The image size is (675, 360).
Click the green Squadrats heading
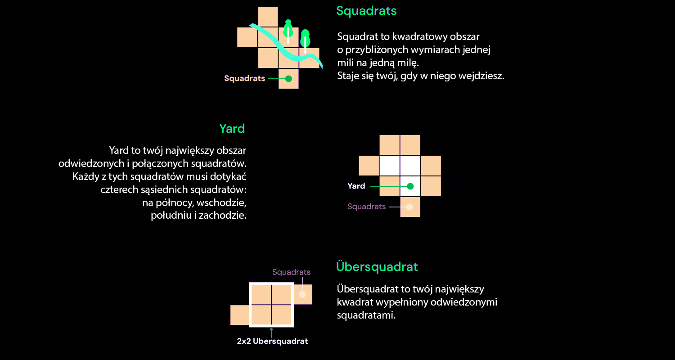click(366, 11)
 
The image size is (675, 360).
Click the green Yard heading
click(232, 129)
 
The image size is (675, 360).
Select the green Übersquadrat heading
click(377, 267)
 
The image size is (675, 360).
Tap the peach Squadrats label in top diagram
click(244, 79)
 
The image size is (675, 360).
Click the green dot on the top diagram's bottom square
click(288, 79)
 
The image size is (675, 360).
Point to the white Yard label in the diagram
click(356, 186)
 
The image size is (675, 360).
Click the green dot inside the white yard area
click(410, 186)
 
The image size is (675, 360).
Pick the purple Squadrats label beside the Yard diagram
click(366, 207)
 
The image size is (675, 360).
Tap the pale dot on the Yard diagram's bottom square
click(409, 207)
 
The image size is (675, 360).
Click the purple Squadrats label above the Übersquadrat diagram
click(291, 272)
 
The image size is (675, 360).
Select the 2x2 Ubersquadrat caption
click(272, 341)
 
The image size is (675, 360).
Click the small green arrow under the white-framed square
click(271, 332)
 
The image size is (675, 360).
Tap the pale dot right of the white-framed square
click(302, 294)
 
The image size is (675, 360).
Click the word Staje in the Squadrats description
click(347, 76)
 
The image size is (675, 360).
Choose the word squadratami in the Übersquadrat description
click(366, 315)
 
